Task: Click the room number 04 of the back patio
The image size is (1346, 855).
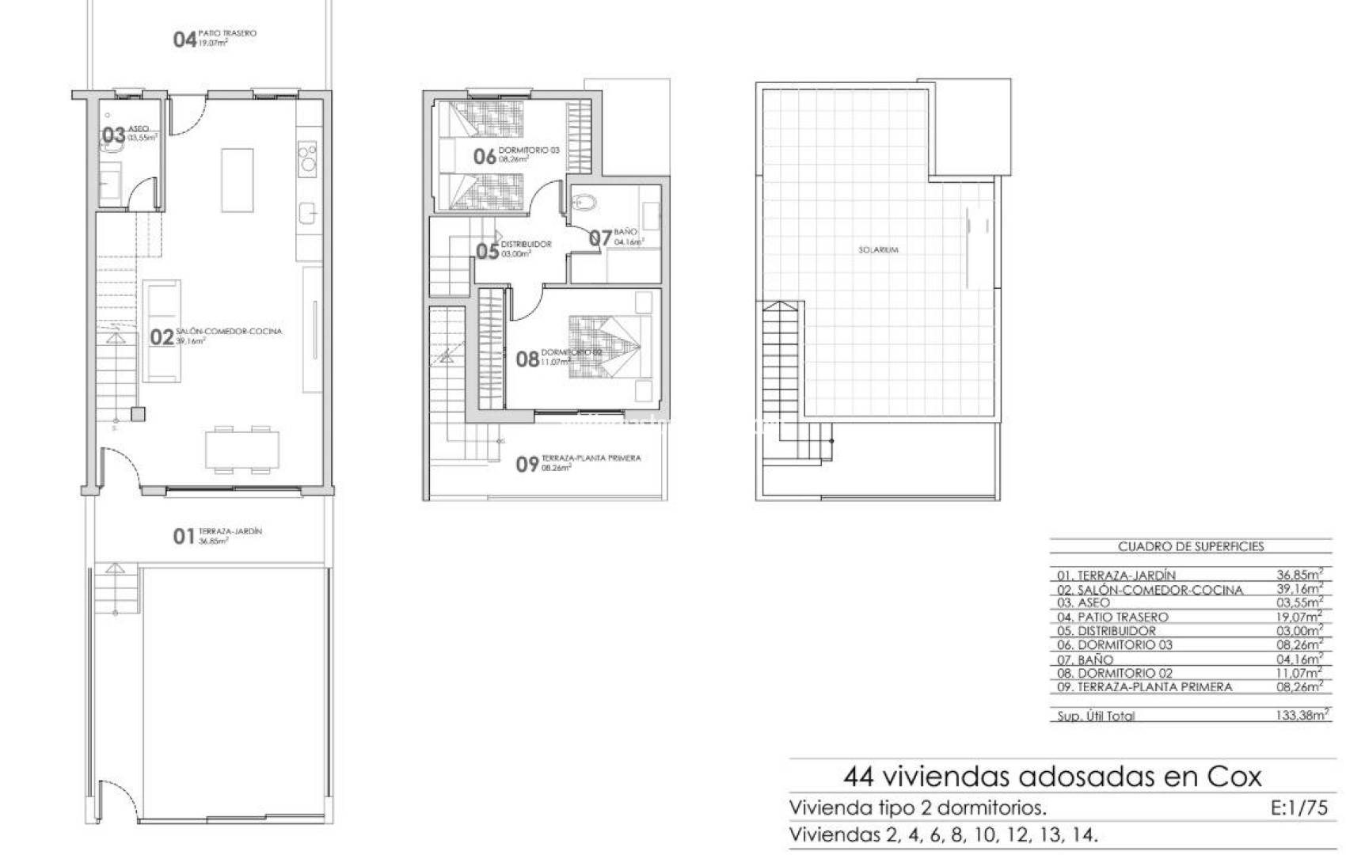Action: [x=184, y=39]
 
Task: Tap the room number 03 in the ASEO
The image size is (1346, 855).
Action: [x=113, y=135]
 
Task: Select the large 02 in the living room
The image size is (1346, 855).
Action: [x=162, y=337]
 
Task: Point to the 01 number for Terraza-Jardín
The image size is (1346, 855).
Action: [x=183, y=537]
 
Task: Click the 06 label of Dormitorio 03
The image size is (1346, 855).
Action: [x=485, y=156]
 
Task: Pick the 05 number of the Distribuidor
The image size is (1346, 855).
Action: [x=487, y=252]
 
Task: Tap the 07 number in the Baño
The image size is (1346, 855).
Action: [x=600, y=237]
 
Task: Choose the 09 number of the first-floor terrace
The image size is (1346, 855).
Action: [x=527, y=465]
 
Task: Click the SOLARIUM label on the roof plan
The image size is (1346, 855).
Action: [x=878, y=250]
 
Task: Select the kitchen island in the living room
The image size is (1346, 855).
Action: [x=237, y=180]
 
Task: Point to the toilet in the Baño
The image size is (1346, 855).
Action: [x=585, y=203]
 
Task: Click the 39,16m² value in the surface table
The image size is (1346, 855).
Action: [x=1299, y=589]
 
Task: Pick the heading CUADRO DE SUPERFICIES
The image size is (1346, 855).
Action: [x=1190, y=546]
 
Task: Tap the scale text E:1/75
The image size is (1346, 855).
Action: [x=1298, y=808]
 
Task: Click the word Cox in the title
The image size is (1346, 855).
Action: [x=1234, y=777]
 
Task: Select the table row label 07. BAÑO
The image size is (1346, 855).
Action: [x=1085, y=659]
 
